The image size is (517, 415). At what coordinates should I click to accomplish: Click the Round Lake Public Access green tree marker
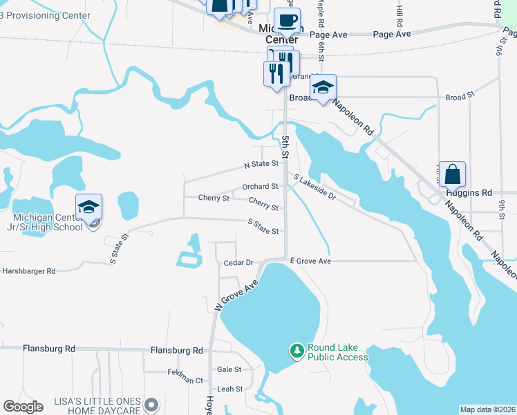[297, 351]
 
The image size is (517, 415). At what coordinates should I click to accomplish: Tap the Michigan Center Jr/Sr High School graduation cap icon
[88, 207]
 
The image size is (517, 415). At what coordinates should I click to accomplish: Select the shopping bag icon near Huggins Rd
[452, 174]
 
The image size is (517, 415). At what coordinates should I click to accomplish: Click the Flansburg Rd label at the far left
[49, 349]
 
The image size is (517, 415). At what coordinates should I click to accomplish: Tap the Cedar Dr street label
[239, 263]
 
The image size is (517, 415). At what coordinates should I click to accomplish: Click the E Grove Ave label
[310, 261]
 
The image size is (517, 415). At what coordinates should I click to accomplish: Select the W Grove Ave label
[236, 295]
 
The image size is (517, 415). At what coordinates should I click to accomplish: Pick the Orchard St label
[260, 186]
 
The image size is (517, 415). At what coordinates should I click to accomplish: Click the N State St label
[261, 165]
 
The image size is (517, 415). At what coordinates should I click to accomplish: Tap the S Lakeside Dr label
[314, 187]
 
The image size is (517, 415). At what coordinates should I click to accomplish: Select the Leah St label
[229, 389]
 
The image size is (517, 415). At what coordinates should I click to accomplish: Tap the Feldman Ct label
[185, 380]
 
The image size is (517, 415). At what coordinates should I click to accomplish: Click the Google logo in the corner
[23, 407]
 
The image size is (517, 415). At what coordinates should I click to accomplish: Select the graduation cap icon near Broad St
[323, 87]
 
